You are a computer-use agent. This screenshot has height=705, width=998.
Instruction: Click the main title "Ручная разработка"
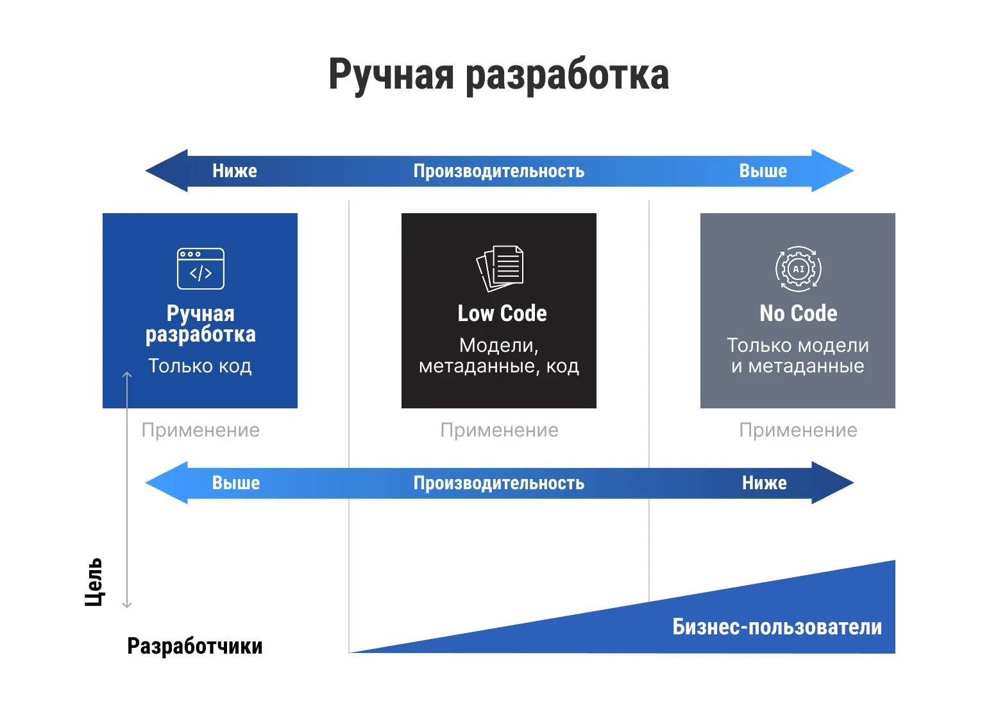coord(498,74)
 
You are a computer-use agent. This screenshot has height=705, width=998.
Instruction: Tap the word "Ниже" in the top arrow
coord(235,171)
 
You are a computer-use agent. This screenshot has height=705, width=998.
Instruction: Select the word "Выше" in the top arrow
coord(763,171)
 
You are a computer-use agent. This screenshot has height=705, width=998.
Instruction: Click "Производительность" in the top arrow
coord(498,171)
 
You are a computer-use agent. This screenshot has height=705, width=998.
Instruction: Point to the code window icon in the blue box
coord(201,268)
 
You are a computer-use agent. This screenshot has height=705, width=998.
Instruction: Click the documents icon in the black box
coord(500,268)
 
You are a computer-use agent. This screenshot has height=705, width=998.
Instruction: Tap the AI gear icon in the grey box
coord(798,268)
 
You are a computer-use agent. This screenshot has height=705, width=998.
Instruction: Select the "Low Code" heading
coord(502,313)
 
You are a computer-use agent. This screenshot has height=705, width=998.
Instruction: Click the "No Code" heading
coord(798,313)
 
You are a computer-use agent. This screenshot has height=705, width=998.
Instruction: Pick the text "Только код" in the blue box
coord(200,365)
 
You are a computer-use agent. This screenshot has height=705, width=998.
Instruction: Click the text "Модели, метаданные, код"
coord(499,356)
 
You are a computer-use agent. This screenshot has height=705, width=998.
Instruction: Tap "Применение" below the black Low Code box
coord(499,430)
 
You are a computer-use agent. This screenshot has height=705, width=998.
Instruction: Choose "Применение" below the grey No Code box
coord(798,430)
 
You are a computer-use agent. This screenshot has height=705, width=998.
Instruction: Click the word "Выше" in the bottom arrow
coord(236,483)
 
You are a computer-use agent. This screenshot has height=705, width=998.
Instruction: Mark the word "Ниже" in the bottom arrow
coord(764,483)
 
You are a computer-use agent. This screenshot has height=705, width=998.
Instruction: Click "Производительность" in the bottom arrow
coord(498,483)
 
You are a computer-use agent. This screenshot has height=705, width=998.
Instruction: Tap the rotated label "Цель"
coord(94,582)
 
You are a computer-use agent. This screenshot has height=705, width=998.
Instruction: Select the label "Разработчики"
coord(195,646)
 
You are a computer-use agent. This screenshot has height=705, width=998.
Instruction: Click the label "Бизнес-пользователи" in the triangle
coord(777,627)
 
